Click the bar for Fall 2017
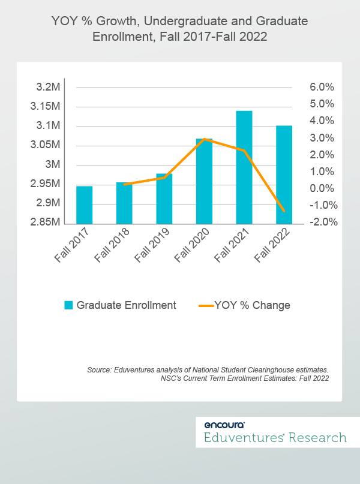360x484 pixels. [84, 205]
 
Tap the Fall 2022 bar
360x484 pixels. [284, 174]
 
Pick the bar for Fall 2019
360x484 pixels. [164, 199]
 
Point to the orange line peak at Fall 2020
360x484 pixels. [205, 139]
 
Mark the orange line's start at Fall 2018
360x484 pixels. [124, 184]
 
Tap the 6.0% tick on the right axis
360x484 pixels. [322, 87]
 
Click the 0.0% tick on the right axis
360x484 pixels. [322, 188]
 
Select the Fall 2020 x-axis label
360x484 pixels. [191, 246]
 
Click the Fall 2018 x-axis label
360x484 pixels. [111, 246]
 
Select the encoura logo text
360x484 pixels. [220, 423]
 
